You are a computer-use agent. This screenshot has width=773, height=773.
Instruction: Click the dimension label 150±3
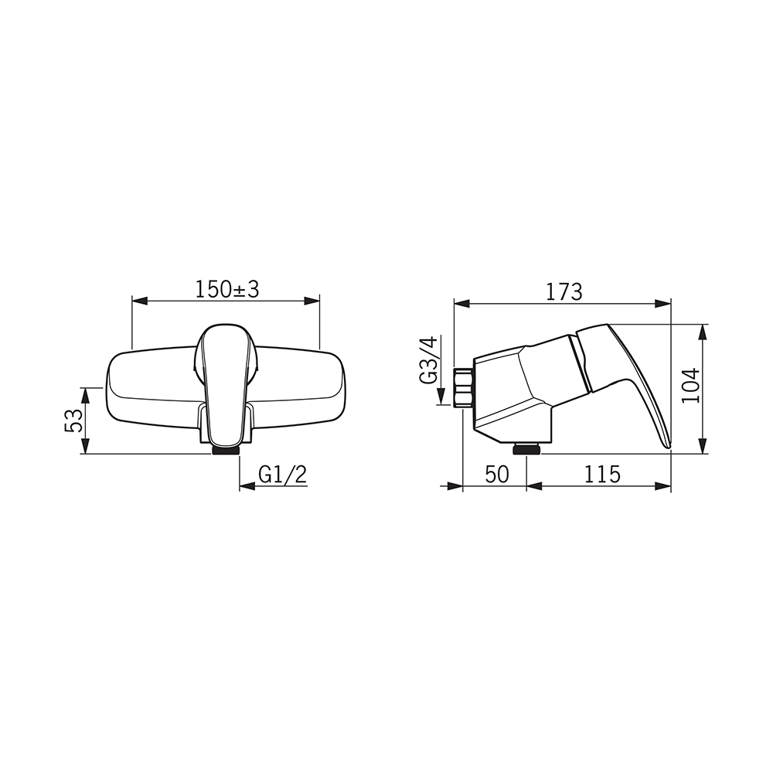click(227, 289)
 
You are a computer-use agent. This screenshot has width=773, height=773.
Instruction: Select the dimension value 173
click(564, 292)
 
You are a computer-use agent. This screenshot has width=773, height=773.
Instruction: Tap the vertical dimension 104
click(691, 385)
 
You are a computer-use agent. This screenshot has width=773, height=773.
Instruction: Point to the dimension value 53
click(73, 421)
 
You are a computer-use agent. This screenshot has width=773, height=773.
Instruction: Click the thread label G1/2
click(282, 475)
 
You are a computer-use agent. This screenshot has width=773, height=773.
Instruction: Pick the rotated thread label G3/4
click(427, 360)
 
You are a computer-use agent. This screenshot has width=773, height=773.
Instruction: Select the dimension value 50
click(496, 475)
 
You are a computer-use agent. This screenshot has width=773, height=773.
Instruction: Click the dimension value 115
click(602, 475)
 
